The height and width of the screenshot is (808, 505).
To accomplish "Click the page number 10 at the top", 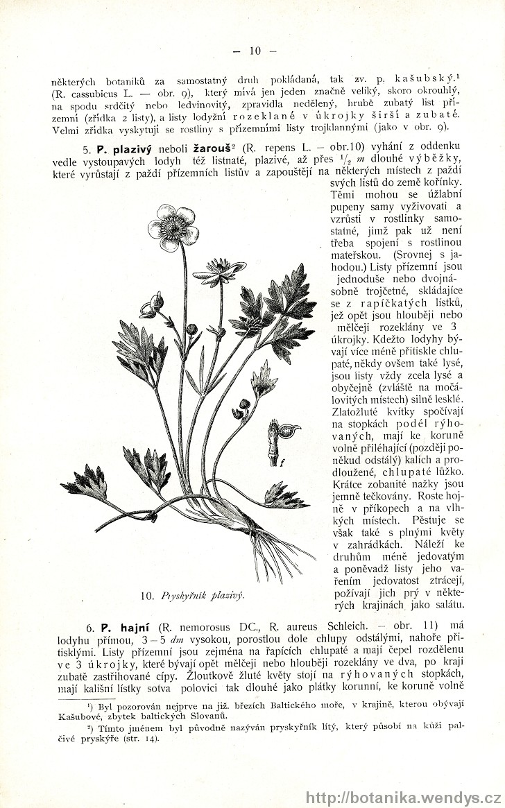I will [x=255, y=51].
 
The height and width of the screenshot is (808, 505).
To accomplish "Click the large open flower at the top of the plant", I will [x=173, y=226].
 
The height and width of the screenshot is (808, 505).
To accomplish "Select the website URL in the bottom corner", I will [x=402, y=797].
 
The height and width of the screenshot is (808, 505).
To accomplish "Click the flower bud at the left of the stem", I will [x=151, y=306].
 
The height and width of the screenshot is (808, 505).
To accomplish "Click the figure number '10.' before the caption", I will [x=146, y=595].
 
